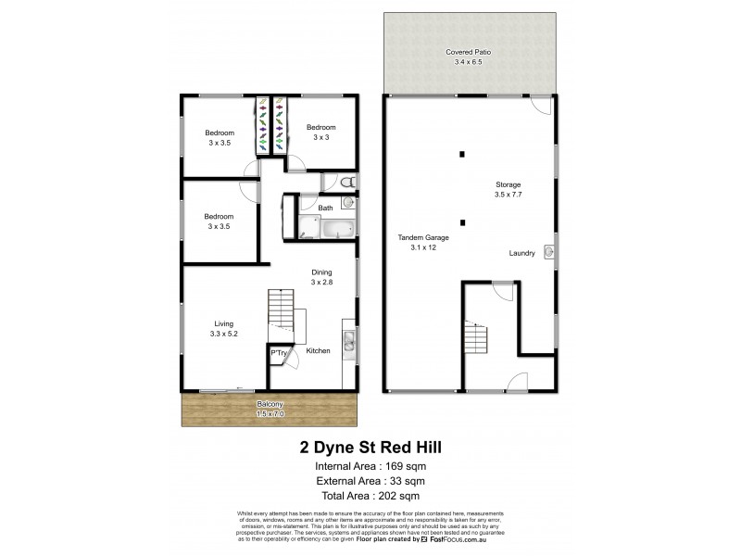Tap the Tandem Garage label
pos(416,242)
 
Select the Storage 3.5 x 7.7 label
pos(507,190)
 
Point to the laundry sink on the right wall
pos(548,251)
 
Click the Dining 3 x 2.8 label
pos(321,277)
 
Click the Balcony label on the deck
pos(270,410)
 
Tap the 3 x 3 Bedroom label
pos(320,132)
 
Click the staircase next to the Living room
pos(280,306)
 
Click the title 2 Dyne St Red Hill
pos(370,446)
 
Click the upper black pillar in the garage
pos(462,155)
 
